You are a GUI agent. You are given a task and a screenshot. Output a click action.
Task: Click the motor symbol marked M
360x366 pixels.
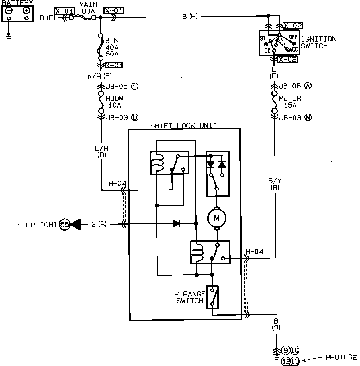(217, 218)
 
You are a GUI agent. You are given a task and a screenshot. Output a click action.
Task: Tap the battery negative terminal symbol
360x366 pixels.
(9, 11)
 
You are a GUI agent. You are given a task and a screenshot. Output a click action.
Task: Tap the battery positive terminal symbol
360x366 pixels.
(26, 11)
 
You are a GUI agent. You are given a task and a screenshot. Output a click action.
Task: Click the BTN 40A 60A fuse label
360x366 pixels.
(112, 47)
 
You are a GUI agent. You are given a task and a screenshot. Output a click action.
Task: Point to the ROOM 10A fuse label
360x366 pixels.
(115, 102)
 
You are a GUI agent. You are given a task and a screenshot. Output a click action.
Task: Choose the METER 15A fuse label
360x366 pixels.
(290, 102)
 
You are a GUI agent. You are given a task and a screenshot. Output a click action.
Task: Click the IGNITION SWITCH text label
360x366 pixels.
(319, 42)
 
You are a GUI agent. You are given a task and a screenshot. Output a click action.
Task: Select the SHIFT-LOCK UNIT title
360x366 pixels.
(184, 126)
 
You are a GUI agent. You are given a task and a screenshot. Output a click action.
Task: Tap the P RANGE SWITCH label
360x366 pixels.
(190, 297)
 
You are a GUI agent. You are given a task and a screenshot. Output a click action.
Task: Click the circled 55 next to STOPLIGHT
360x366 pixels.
(65, 225)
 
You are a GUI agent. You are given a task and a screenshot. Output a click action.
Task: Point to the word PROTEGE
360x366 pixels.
(341, 357)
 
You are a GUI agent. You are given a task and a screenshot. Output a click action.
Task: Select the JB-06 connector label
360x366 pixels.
(295, 86)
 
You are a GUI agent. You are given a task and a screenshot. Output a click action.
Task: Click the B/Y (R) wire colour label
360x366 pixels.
(275, 184)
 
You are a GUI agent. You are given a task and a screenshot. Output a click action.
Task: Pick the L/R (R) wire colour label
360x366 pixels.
(101, 152)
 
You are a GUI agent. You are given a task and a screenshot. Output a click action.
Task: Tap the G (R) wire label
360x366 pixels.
(99, 224)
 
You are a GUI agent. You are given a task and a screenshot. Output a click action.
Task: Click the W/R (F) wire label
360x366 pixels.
(99, 76)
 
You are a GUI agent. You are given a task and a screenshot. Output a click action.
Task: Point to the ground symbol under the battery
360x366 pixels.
(9, 35)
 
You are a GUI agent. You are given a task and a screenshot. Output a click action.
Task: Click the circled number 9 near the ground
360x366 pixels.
(286, 350)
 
